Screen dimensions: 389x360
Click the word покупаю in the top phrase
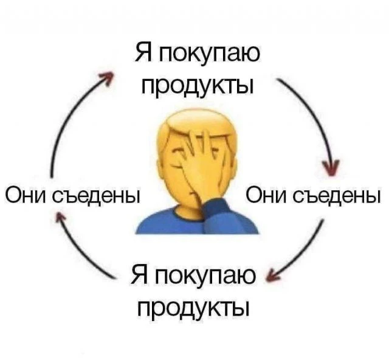pos(210,53)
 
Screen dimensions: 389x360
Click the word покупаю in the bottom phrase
pos(205,276)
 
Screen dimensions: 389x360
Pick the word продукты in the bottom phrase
pos(193,308)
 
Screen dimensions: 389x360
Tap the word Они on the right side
pos(267,195)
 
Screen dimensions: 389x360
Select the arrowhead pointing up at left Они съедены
pos(60,215)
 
